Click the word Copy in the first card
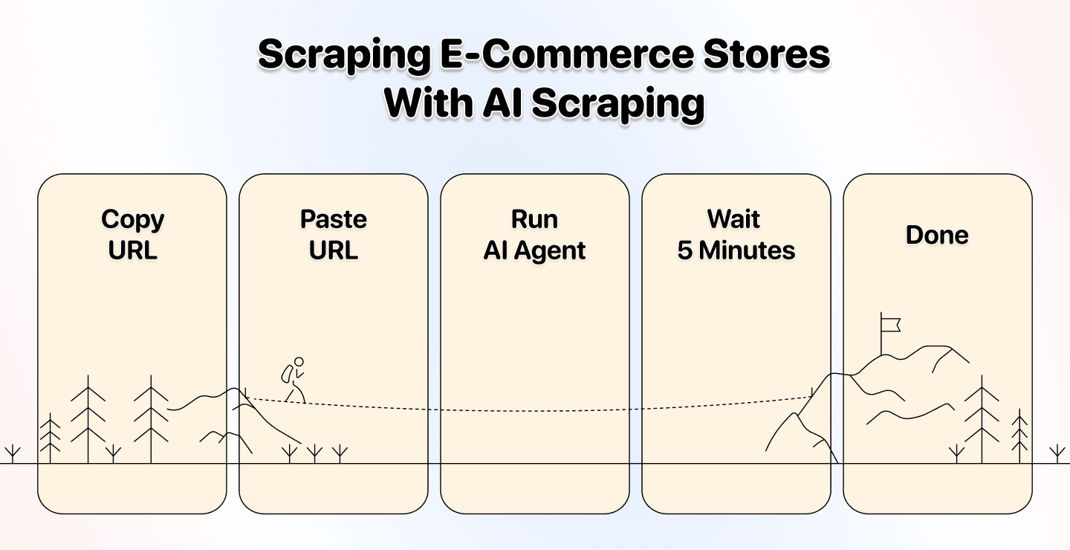coord(132,219)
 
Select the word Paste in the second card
coord(333,219)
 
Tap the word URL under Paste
coord(333,250)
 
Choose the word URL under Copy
coord(132,250)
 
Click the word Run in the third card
coord(534,219)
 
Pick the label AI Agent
coord(534,250)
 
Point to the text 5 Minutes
coord(736,250)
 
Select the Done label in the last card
coord(937,235)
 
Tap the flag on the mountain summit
coord(890,324)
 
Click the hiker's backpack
coord(287,373)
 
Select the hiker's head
coord(299,362)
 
